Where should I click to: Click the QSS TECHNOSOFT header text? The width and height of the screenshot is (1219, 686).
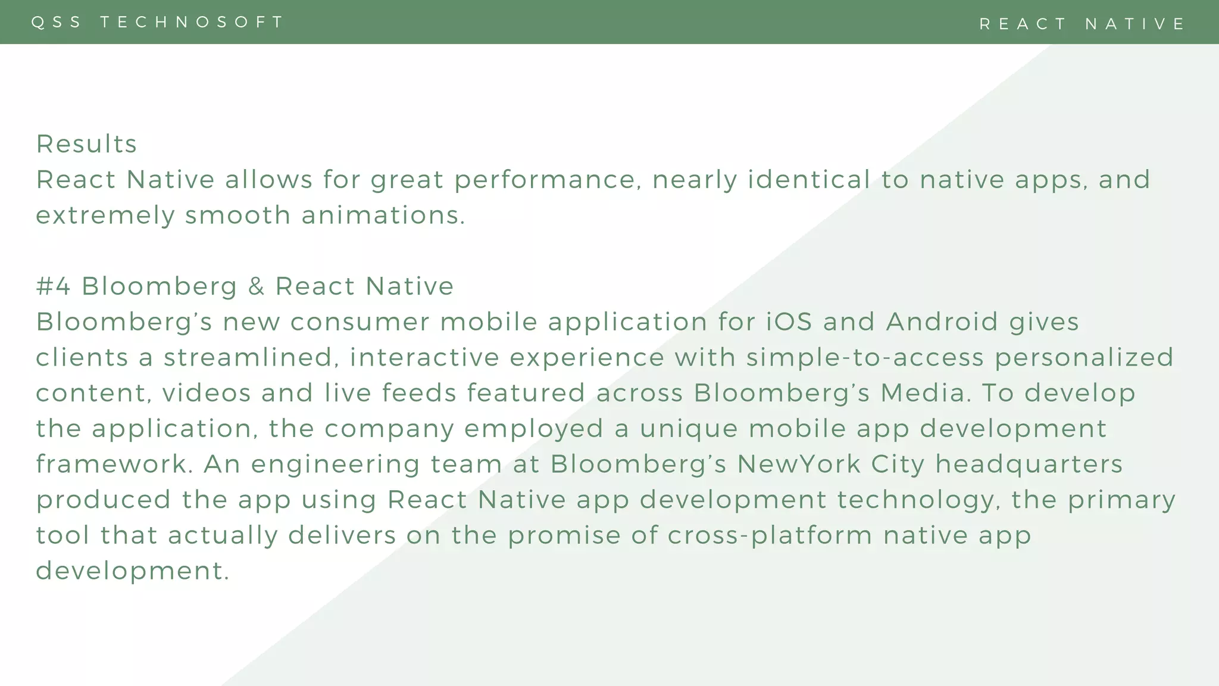158,22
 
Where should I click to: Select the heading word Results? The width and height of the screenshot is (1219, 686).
87,144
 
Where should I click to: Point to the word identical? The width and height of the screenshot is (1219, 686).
809,179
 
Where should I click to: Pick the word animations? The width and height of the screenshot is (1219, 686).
383,215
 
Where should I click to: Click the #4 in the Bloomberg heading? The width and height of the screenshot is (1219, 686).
54,286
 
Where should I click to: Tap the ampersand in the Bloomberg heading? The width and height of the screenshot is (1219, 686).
256,286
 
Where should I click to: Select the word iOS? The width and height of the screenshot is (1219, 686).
789,322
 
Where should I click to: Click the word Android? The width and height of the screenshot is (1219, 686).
942,322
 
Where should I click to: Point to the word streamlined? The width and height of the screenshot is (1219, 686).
248,358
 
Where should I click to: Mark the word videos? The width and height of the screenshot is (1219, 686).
207,393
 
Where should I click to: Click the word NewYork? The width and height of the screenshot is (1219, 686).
799,464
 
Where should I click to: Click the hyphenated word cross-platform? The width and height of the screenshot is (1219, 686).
770,535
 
